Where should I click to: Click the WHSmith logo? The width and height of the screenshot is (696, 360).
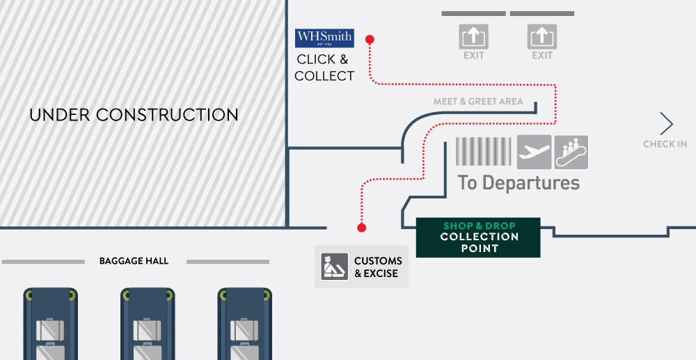(324, 38)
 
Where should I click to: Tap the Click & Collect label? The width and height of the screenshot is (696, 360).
(324, 68)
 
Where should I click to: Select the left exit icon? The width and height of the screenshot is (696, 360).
(473, 36)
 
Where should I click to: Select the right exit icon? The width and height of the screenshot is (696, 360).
(541, 36)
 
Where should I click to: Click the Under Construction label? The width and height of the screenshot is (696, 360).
(134, 115)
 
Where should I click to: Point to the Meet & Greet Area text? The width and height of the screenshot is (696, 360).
(478, 102)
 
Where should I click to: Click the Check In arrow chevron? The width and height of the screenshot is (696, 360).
(667, 124)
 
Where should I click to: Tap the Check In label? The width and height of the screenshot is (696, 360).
(665, 144)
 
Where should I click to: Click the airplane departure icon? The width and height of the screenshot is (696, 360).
(534, 152)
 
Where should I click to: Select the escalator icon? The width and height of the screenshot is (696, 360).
(571, 152)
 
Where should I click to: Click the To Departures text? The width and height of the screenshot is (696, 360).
(519, 182)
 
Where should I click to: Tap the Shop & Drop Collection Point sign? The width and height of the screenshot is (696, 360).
(478, 237)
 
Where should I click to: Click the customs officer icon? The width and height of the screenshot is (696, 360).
(334, 267)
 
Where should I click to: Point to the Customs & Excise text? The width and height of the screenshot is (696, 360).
(378, 267)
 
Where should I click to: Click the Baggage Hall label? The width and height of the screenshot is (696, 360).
(134, 261)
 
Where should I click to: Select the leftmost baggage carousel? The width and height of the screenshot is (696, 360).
(50, 324)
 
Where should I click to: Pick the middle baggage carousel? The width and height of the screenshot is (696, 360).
(147, 324)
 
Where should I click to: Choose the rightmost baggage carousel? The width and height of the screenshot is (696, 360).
(244, 324)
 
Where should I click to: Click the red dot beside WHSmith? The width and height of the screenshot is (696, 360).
(370, 40)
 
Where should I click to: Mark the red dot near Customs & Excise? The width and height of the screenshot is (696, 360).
(361, 228)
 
